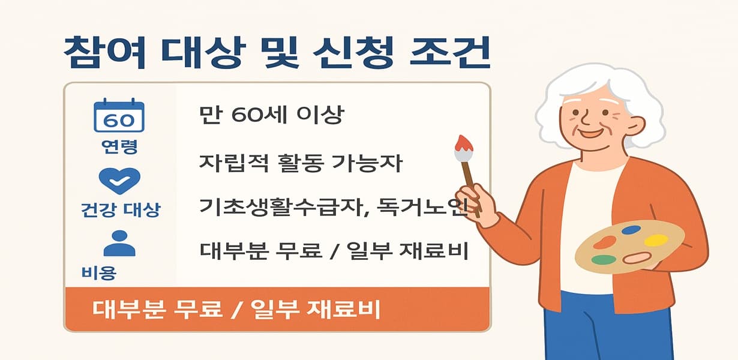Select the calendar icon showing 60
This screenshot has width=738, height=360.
pos(119,116)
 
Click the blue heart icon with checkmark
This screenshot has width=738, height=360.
pos(119,180)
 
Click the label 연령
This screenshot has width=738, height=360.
pos(119,147)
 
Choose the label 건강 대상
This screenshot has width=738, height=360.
pos(120,210)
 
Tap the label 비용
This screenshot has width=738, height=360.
pos(98,273)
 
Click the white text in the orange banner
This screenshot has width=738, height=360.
pos(237,311)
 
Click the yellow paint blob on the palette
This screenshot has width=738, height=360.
pos(656,240)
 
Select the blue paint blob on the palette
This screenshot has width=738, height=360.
pos(631,229)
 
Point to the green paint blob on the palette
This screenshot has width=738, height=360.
pos(604,260)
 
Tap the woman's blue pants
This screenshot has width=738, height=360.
pos(606,330)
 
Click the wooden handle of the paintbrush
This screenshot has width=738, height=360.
pos(470,177)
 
